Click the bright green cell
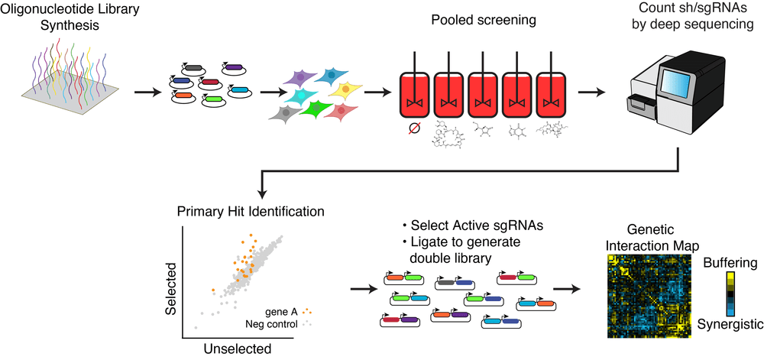[313, 112]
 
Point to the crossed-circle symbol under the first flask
[413, 130]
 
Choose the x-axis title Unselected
[238, 349]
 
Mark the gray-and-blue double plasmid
[458, 283]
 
